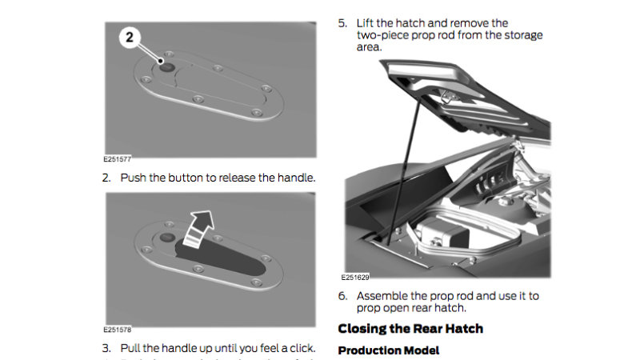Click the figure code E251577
coord(118,159)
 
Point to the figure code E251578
coord(118,329)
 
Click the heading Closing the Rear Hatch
coord(410,328)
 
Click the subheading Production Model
coord(388,350)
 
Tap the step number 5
coord(342,23)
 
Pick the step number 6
coord(342,295)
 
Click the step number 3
coord(106,348)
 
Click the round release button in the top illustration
coord(166,66)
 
